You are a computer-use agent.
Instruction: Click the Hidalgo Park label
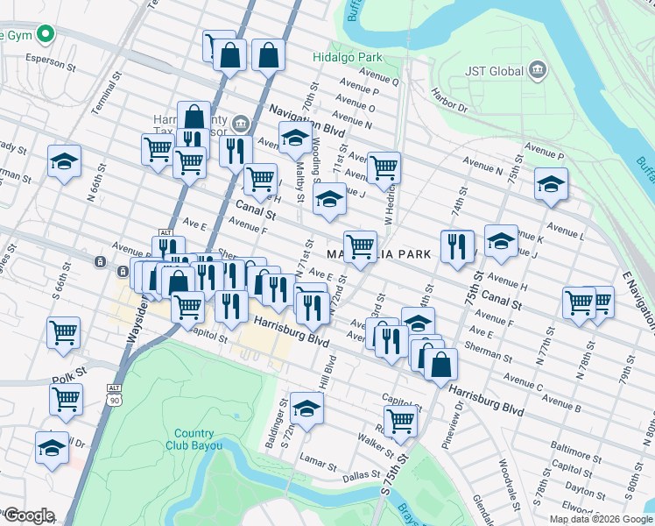349,57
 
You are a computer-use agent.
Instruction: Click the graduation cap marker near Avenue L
551,184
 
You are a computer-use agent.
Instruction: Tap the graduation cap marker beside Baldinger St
306,409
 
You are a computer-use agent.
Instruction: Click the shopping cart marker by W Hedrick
384,167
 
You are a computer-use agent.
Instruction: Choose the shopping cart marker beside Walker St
400,419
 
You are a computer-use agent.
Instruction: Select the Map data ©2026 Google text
600,519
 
